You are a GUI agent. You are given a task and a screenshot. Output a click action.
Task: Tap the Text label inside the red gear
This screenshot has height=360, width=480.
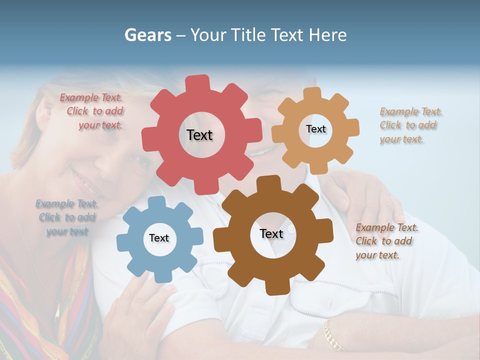click(199, 135)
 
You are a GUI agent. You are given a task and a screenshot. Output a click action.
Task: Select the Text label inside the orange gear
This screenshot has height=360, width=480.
click(315, 129)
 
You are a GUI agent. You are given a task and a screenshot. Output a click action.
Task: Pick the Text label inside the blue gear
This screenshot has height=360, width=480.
click(159, 238)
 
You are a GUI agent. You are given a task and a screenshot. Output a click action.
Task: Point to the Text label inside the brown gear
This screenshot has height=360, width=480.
click(271, 233)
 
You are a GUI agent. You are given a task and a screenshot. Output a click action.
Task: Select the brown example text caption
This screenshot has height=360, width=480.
click(386, 241)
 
